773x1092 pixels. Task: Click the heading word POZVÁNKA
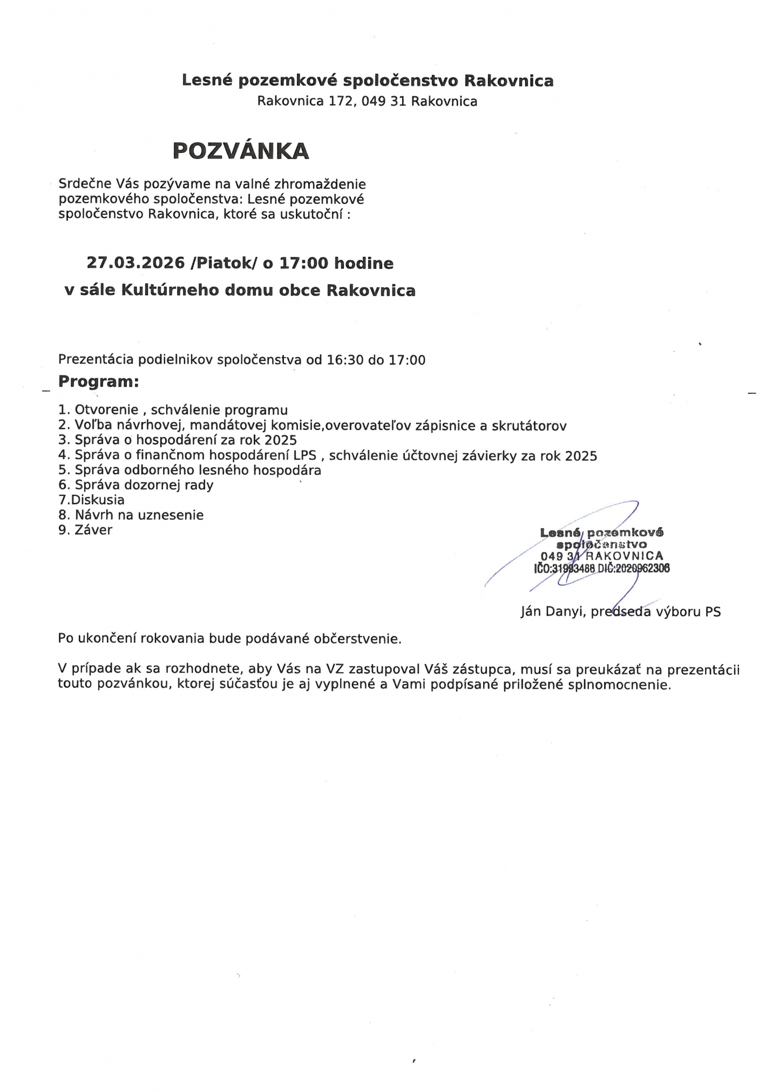tap(241, 151)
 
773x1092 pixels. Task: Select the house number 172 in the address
tap(341, 101)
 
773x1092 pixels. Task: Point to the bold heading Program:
tap(99, 381)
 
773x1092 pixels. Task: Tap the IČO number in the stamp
tap(572, 568)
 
